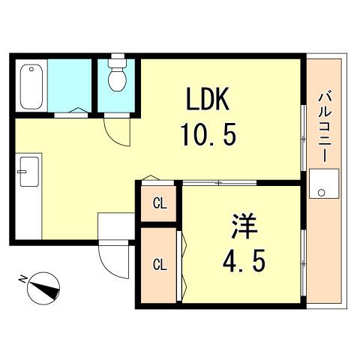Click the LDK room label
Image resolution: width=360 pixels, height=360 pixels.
pyautogui.click(x=208, y=99)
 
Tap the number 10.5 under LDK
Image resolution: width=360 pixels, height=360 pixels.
pyautogui.click(x=208, y=135)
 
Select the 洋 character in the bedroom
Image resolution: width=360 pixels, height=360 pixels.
pyautogui.click(x=244, y=226)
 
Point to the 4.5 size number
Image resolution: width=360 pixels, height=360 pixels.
pyautogui.click(x=244, y=261)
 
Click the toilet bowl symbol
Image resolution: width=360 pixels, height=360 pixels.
pyautogui.click(x=117, y=77)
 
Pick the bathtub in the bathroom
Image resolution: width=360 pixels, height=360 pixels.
pyautogui.click(x=31, y=86)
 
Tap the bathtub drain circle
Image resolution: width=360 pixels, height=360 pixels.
pyautogui.click(x=31, y=69)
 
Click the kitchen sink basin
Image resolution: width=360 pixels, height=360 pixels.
pyautogui.click(x=29, y=172)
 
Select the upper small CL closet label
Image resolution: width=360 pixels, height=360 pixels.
pyautogui.click(x=160, y=204)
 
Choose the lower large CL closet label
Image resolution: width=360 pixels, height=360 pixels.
pyautogui.click(x=160, y=265)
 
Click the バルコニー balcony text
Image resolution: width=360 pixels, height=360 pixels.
pyautogui.click(x=324, y=127)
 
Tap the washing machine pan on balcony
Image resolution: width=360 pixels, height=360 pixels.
pyautogui.click(x=324, y=184)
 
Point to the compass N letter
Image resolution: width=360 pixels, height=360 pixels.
pyautogui.click(x=23, y=279)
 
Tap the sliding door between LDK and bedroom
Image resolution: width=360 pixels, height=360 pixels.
pyautogui.click(x=219, y=183)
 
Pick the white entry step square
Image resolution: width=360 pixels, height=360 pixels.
pyautogui.click(x=116, y=226)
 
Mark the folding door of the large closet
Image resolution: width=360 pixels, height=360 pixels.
pyautogui.click(x=181, y=266)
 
